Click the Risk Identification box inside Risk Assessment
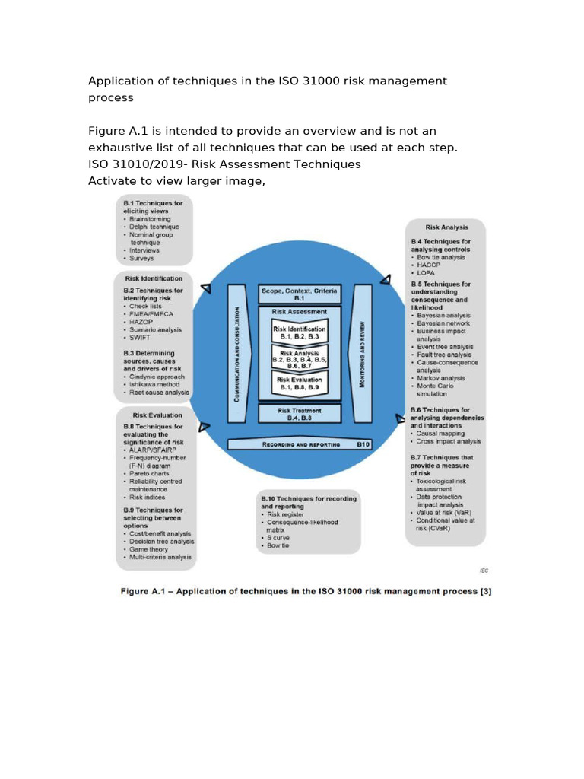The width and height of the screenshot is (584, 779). click(299, 332)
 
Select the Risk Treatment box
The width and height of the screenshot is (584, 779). click(299, 413)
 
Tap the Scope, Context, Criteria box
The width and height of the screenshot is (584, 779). click(299, 294)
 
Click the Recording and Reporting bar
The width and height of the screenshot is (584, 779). click(299, 444)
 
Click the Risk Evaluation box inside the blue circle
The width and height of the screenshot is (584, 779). click(299, 383)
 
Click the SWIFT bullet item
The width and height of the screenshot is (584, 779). click(141, 337)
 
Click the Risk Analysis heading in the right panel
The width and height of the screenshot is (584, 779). click(446, 227)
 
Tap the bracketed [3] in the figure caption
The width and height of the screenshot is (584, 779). click(486, 591)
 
